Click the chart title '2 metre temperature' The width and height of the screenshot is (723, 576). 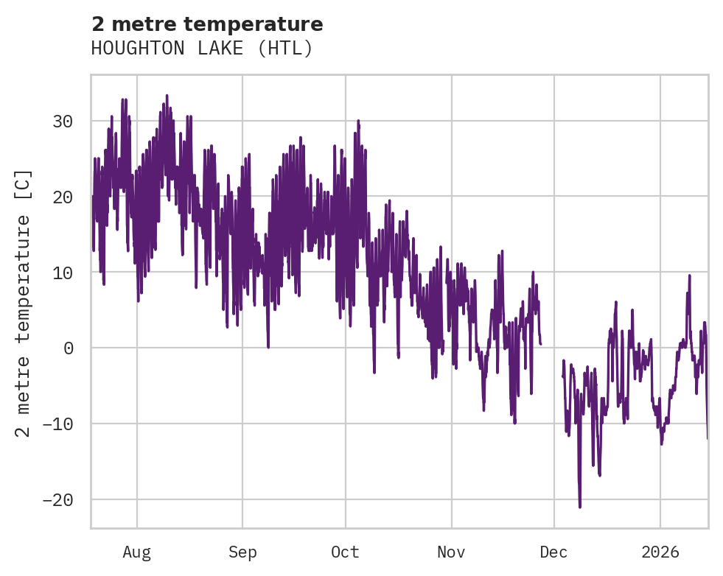tap(207, 24)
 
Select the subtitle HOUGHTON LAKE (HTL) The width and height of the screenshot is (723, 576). tap(202, 49)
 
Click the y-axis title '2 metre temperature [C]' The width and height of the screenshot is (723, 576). tap(24, 303)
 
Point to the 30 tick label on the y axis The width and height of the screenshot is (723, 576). tap(63, 122)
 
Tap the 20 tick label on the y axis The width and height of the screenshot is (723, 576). tap(63, 197)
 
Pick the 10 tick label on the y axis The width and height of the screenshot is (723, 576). tap(63, 273)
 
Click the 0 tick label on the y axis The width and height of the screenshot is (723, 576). tap(69, 348)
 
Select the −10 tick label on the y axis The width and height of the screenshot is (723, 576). tap(58, 424)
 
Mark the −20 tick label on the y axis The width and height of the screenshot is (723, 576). tap(58, 500)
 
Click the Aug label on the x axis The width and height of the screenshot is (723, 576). tap(137, 552)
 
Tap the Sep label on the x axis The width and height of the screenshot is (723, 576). tap(242, 552)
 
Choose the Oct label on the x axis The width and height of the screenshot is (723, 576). tap(345, 552)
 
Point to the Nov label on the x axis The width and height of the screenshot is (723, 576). tap(451, 552)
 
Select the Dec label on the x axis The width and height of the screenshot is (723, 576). tap(553, 552)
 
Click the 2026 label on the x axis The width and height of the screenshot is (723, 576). tap(660, 552)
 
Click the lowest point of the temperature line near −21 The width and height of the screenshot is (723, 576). tap(580, 507)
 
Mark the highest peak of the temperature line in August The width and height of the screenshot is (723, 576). tap(167, 96)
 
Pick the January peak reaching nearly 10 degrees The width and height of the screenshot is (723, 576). tap(689, 275)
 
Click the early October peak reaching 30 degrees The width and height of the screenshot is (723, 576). tap(358, 121)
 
